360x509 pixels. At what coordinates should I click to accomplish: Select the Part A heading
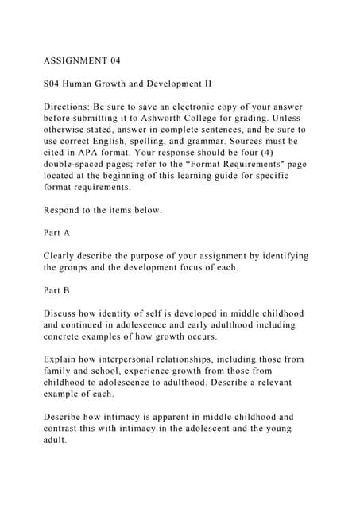(56, 234)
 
